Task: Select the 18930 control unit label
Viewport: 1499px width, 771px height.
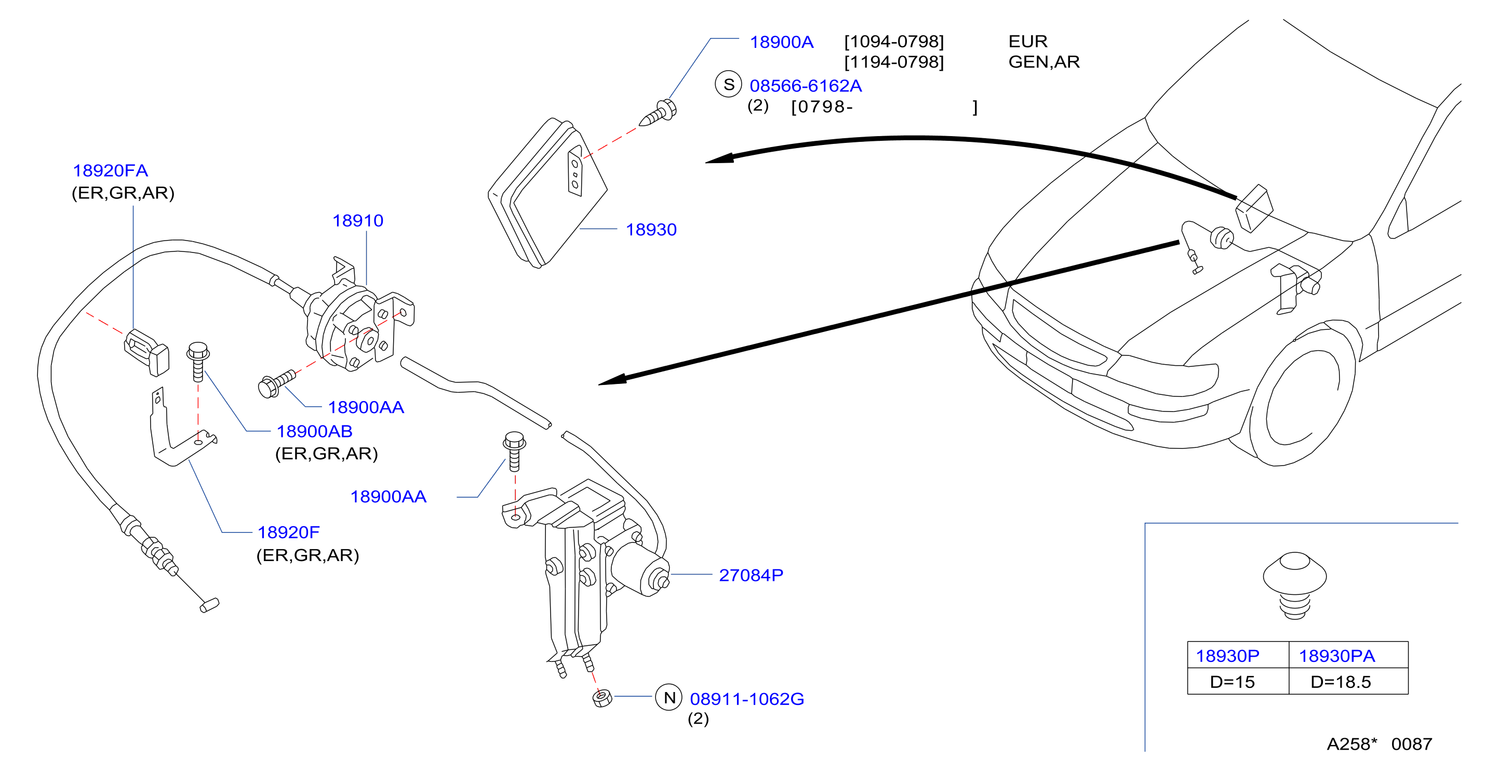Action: (651, 229)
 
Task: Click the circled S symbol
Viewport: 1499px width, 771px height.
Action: (728, 84)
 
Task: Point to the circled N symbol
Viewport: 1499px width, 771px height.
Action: (668, 697)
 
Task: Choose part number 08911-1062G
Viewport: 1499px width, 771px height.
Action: (746, 698)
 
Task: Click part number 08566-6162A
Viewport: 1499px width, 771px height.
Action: (806, 86)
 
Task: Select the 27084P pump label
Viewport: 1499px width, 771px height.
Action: (751, 575)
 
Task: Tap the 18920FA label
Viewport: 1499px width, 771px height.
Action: (110, 170)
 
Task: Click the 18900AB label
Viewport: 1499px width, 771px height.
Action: (314, 431)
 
